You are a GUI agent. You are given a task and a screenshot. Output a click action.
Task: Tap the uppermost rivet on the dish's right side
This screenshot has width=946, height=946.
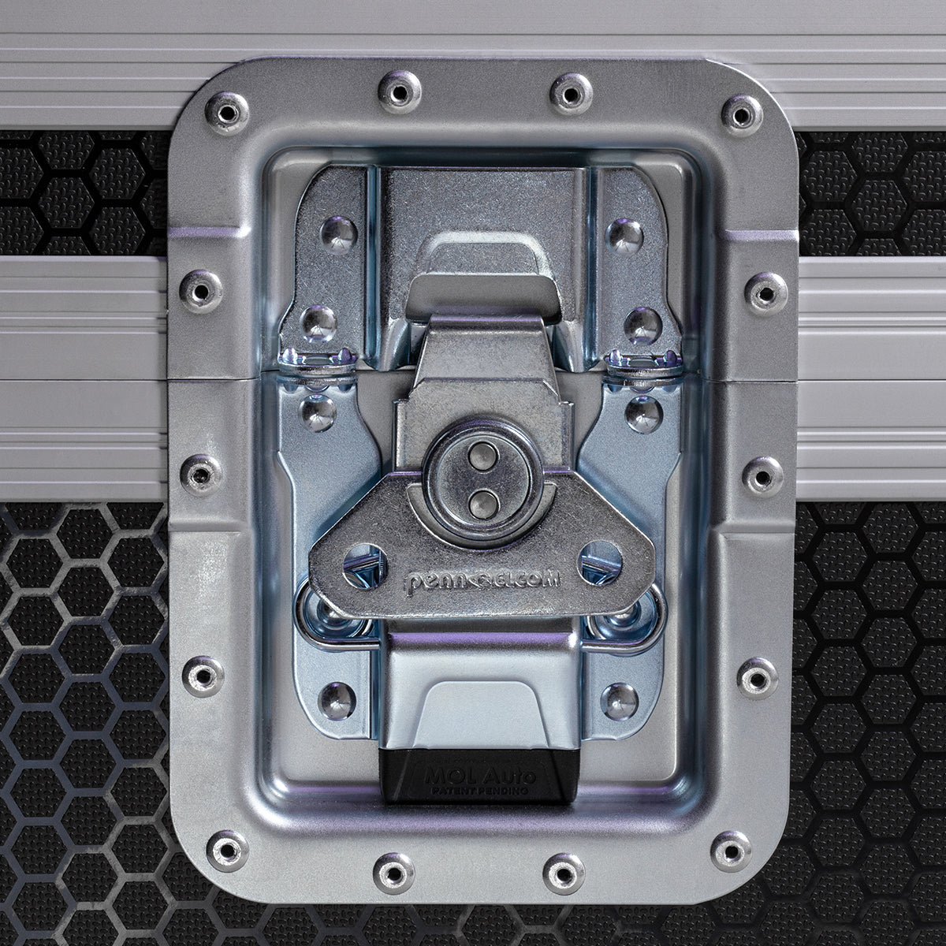762,291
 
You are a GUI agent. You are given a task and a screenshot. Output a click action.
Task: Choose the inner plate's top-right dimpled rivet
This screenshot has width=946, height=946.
622,232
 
